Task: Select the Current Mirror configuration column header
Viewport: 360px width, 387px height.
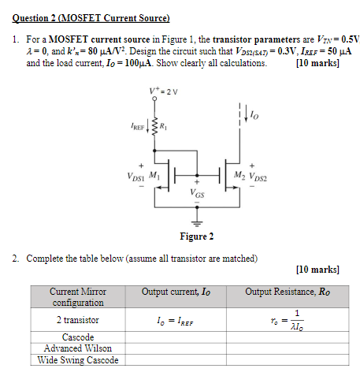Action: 78,297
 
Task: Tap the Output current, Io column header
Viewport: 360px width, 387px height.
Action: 176,292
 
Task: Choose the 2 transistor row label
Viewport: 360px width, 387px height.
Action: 78,320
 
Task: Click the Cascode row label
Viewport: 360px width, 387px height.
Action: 78,337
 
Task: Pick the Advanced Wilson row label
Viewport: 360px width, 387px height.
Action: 78,348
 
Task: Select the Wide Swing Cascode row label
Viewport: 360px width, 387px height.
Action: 78,360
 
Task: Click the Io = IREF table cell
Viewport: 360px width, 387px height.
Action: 176,321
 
